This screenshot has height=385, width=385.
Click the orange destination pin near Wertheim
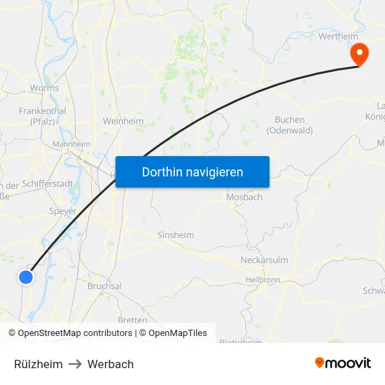click(x=358, y=52)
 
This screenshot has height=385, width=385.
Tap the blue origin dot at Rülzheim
click(x=26, y=277)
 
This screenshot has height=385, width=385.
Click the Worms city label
click(x=44, y=89)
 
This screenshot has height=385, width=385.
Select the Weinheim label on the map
click(x=123, y=121)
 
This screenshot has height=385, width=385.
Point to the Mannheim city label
click(x=71, y=144)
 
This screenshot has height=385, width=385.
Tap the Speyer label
click(x=63, y=211)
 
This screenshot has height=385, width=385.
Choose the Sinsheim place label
click(x=176, y=235)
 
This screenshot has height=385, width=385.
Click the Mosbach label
click(x=244, y=197)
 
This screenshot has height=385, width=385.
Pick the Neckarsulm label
click(x=264, y=260)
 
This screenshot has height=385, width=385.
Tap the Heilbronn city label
click(x=263, y=280)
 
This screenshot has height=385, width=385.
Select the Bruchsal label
click(x=104, y=286)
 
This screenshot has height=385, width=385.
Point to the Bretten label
click(x=132, y=320)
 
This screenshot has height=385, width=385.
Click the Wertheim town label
click(x=338, y=36)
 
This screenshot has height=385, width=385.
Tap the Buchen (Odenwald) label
click(x=290, y=125)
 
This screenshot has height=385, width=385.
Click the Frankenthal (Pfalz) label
click(x=43, y=115)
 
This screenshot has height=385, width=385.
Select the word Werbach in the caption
click(x=111, y=364)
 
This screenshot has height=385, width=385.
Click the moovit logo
click(x=342, y=363)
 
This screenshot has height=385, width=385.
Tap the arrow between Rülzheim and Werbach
click(x=75, y=364)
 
